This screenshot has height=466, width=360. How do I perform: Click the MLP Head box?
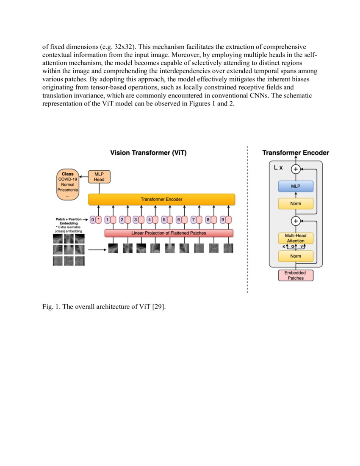99,177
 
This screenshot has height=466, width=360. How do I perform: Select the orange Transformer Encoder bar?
162,200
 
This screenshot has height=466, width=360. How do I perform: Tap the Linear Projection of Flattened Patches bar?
169,233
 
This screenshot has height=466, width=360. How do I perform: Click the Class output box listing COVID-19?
68,185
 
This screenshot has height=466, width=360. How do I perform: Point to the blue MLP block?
296,186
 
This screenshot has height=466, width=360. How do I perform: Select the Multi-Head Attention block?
296,239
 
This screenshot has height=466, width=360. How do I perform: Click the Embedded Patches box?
296,275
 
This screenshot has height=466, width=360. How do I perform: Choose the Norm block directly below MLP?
296,204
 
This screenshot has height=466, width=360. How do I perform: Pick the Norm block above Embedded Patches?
296,256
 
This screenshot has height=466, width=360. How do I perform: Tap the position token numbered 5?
163,219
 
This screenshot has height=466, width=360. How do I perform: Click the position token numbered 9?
222,219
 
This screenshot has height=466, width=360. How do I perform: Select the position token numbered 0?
93,219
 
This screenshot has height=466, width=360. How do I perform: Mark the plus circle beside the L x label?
296,169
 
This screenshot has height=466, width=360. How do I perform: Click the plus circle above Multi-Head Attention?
296,221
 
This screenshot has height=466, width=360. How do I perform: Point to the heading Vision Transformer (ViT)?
149,153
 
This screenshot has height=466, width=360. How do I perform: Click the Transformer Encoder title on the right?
296,153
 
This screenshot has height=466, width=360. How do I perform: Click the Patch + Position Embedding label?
69,221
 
